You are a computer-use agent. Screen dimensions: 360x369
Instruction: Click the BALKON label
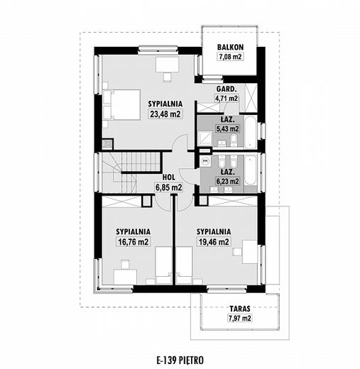(x=230, y=47)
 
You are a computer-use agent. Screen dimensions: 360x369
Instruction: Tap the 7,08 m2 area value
(x=230, y=57)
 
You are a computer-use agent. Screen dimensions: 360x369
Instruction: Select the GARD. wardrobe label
(x=227, y=89)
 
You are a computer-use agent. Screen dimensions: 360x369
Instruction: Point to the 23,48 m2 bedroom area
(x=165, y=114)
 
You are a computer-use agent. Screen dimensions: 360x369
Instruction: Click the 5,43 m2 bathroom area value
(x=227, y=128)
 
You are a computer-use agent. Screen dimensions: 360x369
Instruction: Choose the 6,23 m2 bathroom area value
(x=227, y=181)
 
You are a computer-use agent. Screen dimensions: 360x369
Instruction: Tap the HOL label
(x=169, y=177)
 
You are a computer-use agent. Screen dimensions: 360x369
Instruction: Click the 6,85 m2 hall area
(x=169, y=187)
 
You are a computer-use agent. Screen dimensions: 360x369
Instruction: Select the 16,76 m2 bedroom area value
(x=133, y=242)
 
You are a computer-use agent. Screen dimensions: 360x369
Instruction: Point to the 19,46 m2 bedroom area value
(x=214, y=242)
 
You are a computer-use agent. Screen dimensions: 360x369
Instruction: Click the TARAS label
(x=240, y=309)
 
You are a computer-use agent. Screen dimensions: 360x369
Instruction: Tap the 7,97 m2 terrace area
(x=240, y=318)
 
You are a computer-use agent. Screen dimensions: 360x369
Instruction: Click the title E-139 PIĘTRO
(x=180, y=360)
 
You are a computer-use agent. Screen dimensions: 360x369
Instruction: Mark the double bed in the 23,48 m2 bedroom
(x=121, y=104)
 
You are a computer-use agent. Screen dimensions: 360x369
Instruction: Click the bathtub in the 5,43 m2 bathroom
(x=250, y=132)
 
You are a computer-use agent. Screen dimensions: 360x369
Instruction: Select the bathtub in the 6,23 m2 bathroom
(x=250, y=171)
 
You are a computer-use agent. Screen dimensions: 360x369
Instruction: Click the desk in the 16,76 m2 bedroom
(x=125, y=277)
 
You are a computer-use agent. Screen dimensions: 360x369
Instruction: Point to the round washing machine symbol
(x=206, y=161)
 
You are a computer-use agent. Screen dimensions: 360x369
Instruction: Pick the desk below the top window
(x=167, y=64)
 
